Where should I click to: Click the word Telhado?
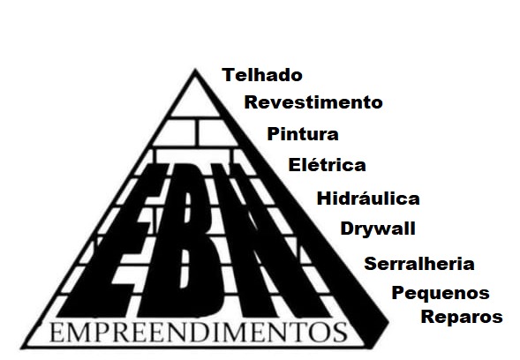point(262,75)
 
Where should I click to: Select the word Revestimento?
point(313,102)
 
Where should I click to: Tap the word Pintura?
point(303,134)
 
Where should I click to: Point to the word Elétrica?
point(327,165)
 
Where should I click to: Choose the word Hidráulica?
point(368,199)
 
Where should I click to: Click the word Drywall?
point(378,229)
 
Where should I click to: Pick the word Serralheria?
point(419,264)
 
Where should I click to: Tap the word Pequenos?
point(441,293)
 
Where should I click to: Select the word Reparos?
point(462,317)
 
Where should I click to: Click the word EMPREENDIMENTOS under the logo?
point(199,332)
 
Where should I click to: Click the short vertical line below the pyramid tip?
point(197,132)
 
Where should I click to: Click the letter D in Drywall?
point(347,228)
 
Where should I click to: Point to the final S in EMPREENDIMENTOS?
point(341,333)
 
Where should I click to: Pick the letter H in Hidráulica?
point(324,199)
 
